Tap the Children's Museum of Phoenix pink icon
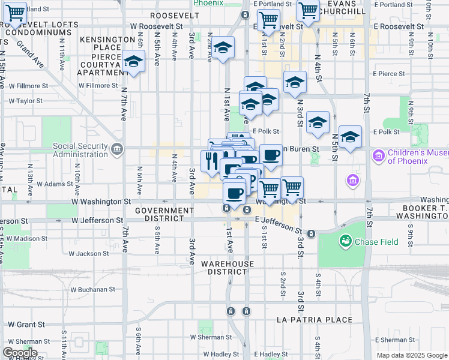tap(378, 157)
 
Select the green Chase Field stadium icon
tap(345, 241)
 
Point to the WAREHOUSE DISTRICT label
tap(228, 268)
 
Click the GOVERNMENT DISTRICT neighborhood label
tap(164, 215)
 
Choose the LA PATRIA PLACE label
tap(315, 320)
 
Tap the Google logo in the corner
tap(19, 353)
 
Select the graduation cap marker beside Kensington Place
tap(133, 62)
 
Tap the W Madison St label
tap(28, 238)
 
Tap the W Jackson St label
tap(89, 254)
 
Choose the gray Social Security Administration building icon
tap(116, 148)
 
